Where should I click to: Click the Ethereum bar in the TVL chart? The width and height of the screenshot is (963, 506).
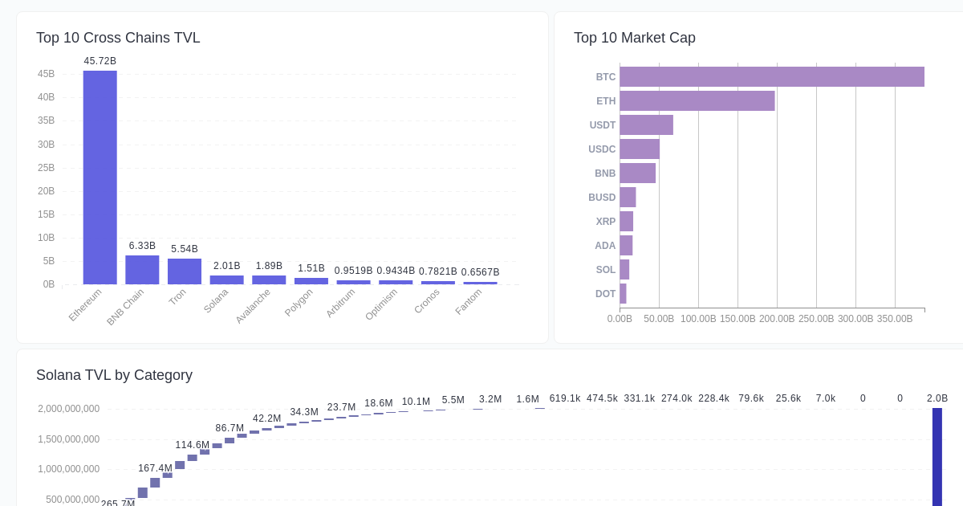(x=100, y=178)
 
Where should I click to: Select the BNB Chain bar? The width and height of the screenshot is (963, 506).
(x=142, y=270)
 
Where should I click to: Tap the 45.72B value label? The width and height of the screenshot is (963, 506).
(x=100, y=61)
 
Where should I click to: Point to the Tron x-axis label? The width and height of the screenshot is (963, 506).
(x=177, y=297)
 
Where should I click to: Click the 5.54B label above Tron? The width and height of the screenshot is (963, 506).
(x=185, y=249)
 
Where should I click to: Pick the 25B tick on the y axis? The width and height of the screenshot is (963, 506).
(x=46, y=168)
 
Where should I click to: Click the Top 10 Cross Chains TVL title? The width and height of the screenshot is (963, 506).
(x=118, y=38)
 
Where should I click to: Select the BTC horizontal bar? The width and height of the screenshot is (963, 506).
(x=771, y=77)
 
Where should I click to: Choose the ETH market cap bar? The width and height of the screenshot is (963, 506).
(x=697, y=101)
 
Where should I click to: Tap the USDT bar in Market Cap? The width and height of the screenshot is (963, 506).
(x=646, y=125)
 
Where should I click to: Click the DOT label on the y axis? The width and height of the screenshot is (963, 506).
(x=605, y=294)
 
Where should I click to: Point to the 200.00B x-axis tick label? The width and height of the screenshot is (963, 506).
(x=777, y=319)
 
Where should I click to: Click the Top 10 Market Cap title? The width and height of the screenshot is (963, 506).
(x=634, y=38)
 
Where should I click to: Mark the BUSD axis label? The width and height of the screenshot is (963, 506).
(x=602, y=198)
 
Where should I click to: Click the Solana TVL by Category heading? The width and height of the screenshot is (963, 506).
(x=114, y=375)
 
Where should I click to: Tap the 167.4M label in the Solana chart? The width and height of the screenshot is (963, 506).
(x=155, y=468)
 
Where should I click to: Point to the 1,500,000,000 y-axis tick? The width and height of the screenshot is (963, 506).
(x=68, y=439)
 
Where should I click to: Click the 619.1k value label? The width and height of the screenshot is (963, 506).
(x=565, y=398)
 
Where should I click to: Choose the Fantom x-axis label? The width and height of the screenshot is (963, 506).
(x=469, y=302)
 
